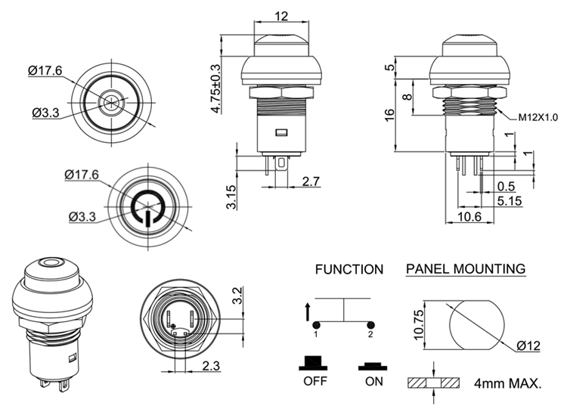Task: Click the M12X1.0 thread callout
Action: (x=538, y=118)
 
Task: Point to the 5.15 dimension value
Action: (x=511, y=201)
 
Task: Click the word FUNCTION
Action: (x=349, y=269)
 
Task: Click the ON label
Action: (x=373, y=381)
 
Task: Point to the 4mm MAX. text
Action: (x=508, y=384)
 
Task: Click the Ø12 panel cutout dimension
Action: (x=528, y=346)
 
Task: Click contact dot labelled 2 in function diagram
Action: (x=370, y=325)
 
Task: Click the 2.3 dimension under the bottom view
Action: (x=212, y=367)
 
